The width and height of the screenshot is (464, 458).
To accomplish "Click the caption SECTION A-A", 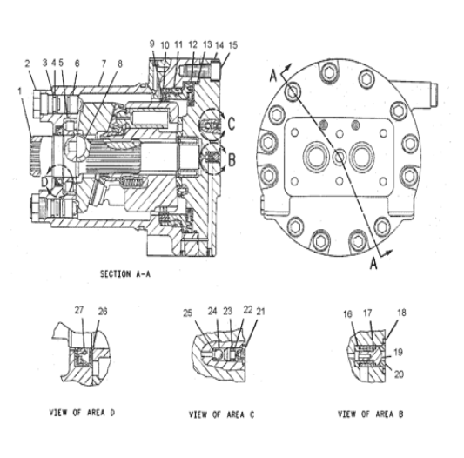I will [130, 273].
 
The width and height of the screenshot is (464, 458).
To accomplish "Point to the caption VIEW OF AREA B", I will [370, 414].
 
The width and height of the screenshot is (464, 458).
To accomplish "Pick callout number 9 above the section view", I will [151, 44].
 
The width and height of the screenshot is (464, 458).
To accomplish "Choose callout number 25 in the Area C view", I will [186, 313].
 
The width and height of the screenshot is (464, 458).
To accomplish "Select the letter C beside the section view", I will [231, 123].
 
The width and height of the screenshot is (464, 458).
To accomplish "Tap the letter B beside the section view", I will [231, 159].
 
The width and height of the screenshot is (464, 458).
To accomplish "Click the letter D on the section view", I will [45, 183].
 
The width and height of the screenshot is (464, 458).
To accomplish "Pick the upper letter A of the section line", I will [274, 77].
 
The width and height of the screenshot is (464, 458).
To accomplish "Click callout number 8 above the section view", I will [120, 64].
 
